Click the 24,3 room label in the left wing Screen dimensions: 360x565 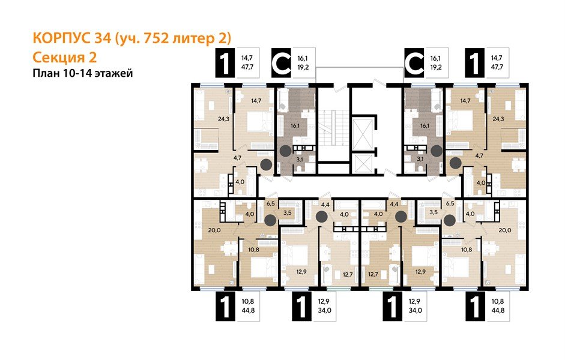click(x=207, y=118)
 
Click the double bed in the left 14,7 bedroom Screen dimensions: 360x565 click(x=251, y=122)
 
